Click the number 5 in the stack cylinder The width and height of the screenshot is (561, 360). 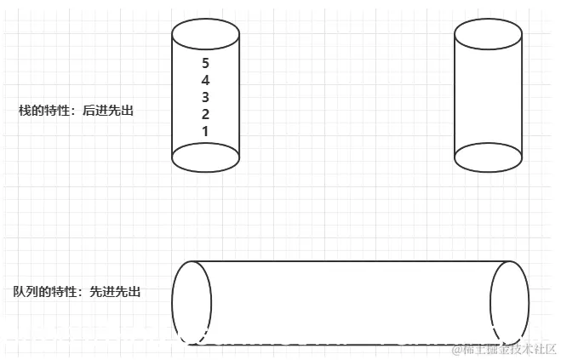pyautogui.click(x=205, y=63)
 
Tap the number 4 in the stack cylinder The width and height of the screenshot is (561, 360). pyautogui.click(x=205, y=80)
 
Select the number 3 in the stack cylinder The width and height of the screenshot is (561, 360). pyautogui.click(x=205, y=97)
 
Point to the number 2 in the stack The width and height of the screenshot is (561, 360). pyautogui.click(x=205, y=114)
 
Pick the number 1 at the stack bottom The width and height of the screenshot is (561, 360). pyautogui.click(x=205, y=131)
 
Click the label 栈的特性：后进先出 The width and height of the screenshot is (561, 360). pyautogui.click(x=77, y=111)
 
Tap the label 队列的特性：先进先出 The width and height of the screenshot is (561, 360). pyautogui.click(x=77, y=291)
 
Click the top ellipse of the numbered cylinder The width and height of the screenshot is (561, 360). pyautogui.click(x=205, y=37)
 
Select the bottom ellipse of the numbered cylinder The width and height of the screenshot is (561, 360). pyautogui.click(x=205, y=157)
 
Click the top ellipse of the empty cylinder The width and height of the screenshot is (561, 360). pyautogui.click(x=488, y=37)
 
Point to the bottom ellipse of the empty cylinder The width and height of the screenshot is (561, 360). pyautogui.click(x=488, y=157)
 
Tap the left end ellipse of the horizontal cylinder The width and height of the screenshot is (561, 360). pyautogui.click(x=192, y=303)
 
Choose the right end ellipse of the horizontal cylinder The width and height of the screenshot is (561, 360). pyautogui.click(x=510, y=303)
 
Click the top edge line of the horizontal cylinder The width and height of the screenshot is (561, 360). pyautogui.click(x=349, y=261)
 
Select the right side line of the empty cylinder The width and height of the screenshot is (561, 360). pyautogui.click(x=521, y=98)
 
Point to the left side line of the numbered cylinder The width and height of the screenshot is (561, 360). pyautogui.click(x=172, y=98)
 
